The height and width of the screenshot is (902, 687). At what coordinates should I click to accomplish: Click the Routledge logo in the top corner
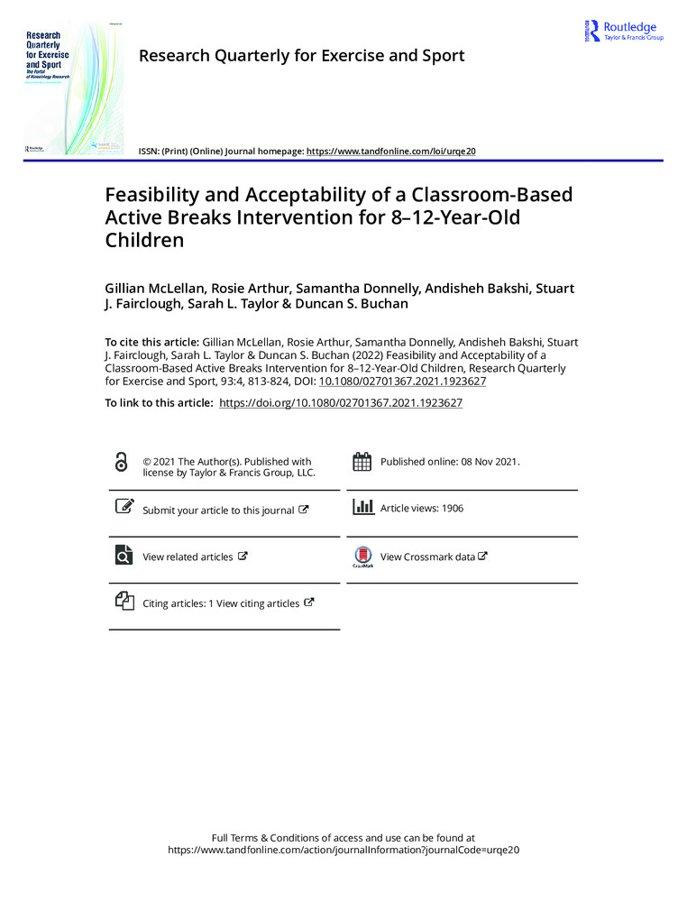click(x=624, y=31)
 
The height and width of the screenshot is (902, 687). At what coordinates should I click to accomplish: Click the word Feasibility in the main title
click(x=157, y=195)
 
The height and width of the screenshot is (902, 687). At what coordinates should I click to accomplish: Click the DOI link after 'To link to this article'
click(x=341, y=404)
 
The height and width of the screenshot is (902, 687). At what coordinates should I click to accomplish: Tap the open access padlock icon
click(x=122, y=462)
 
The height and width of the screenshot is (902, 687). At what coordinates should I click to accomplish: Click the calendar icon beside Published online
click(x=362, y=462)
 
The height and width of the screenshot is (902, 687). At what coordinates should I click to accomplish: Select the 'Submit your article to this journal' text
click(x=218, y=511)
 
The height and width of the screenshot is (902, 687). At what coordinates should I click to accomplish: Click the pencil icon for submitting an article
click(x=124, y=507)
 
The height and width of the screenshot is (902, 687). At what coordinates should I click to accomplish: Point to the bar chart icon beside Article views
click(x=362, y=507)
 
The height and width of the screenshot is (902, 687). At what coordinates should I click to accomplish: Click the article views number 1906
click(x=453, y=509)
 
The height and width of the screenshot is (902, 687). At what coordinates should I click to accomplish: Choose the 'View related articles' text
click(x=188, y=557)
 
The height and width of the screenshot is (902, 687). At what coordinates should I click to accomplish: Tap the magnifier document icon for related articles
click(x=123, y=555)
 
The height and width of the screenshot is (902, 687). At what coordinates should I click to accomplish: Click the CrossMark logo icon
click(x=362, y=557)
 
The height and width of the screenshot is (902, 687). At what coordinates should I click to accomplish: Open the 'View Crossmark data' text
click(x=427, y=557)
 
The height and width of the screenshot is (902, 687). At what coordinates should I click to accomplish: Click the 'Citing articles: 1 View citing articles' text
click(x=221, y=603)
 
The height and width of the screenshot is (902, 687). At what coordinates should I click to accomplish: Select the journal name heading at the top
click(x=301, y=56)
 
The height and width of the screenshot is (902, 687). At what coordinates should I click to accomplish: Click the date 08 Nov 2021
click(x=480, y=462)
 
